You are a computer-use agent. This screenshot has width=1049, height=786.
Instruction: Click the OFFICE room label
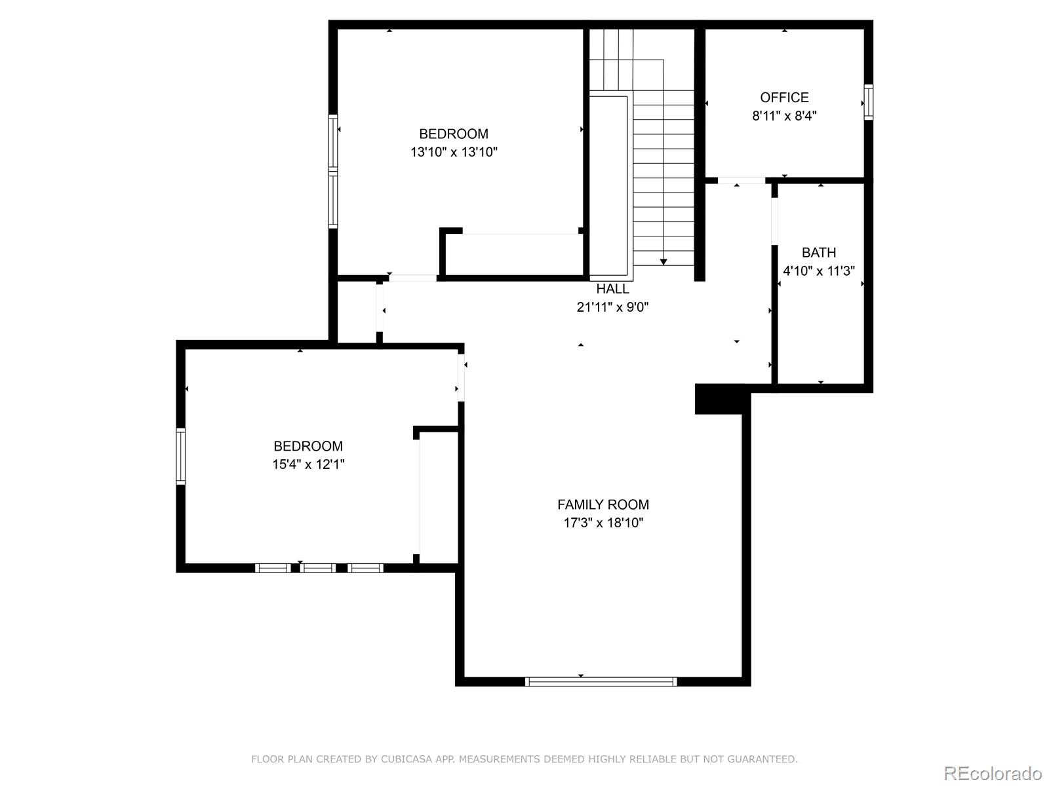pyautogui.click(x=784, y=98)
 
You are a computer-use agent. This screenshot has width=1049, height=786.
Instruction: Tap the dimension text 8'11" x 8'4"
pyautogui.click(x=784, y=116)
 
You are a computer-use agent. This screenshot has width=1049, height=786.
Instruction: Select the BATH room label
pyautogui.click(x=819, y=252)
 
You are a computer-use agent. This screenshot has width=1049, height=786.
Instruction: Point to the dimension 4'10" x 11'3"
pyautogui.click(x=819, y=271)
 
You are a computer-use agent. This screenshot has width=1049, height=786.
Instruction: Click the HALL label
pyautogui.click(x=612, y=289)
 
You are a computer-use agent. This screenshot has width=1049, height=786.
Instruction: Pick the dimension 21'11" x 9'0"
pyautogui.click(x=612, y=307)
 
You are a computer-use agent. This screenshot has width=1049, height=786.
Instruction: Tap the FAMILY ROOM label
pyautogui.click(x=603, y=504)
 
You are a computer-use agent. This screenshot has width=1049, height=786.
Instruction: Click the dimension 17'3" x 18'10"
pyautogui.click(x=603, y=523)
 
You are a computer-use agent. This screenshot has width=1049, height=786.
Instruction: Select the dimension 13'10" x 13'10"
pyautogui.click(x=454, y=152)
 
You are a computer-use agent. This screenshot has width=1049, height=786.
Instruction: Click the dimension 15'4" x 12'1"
pyautogui.click(x=308, y=464)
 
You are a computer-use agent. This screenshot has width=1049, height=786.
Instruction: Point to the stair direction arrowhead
pyautogui.click(x=663, y=261)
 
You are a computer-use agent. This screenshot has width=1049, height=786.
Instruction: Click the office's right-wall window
pyautogui.click(x=869, y=102)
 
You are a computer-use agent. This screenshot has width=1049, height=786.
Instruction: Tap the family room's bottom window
pyautogui.click(x=601, y=682)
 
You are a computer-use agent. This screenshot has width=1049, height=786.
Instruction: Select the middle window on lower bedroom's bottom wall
pyautogui.click(x=319, y=568)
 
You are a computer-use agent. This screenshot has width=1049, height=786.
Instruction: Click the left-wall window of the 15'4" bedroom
pyautogui.click(x=181, y=456)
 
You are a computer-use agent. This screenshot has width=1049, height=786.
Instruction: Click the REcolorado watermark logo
pyautogui.click(x=993, y=773)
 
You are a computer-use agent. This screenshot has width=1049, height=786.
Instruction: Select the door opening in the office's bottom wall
pyautogui.click(x=741, y=180)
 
